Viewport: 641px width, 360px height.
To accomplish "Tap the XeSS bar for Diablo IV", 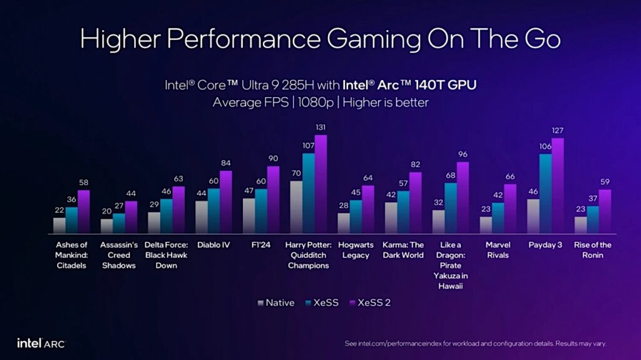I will tap(214, 211).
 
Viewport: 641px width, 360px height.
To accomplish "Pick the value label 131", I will tap(321, 128).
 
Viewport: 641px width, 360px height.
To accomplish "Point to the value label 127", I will tap(558, 131).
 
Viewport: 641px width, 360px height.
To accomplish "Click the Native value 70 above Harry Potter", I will tap(296, 173).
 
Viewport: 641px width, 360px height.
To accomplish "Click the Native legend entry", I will tap(275, 303).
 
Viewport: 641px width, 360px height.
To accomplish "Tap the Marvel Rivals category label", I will tap(498, 250).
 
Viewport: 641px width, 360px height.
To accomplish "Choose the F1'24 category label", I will tap(261, 245).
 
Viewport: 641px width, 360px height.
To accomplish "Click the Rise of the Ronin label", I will tap(593, 250).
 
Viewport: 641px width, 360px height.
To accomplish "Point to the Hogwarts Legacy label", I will tap(356, 250).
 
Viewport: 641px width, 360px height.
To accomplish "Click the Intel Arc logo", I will tap(41, 343).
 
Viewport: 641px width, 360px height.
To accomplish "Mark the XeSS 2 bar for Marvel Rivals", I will tap(510, 209).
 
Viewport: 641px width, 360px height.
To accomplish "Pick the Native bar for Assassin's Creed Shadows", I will tap(107, 227).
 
